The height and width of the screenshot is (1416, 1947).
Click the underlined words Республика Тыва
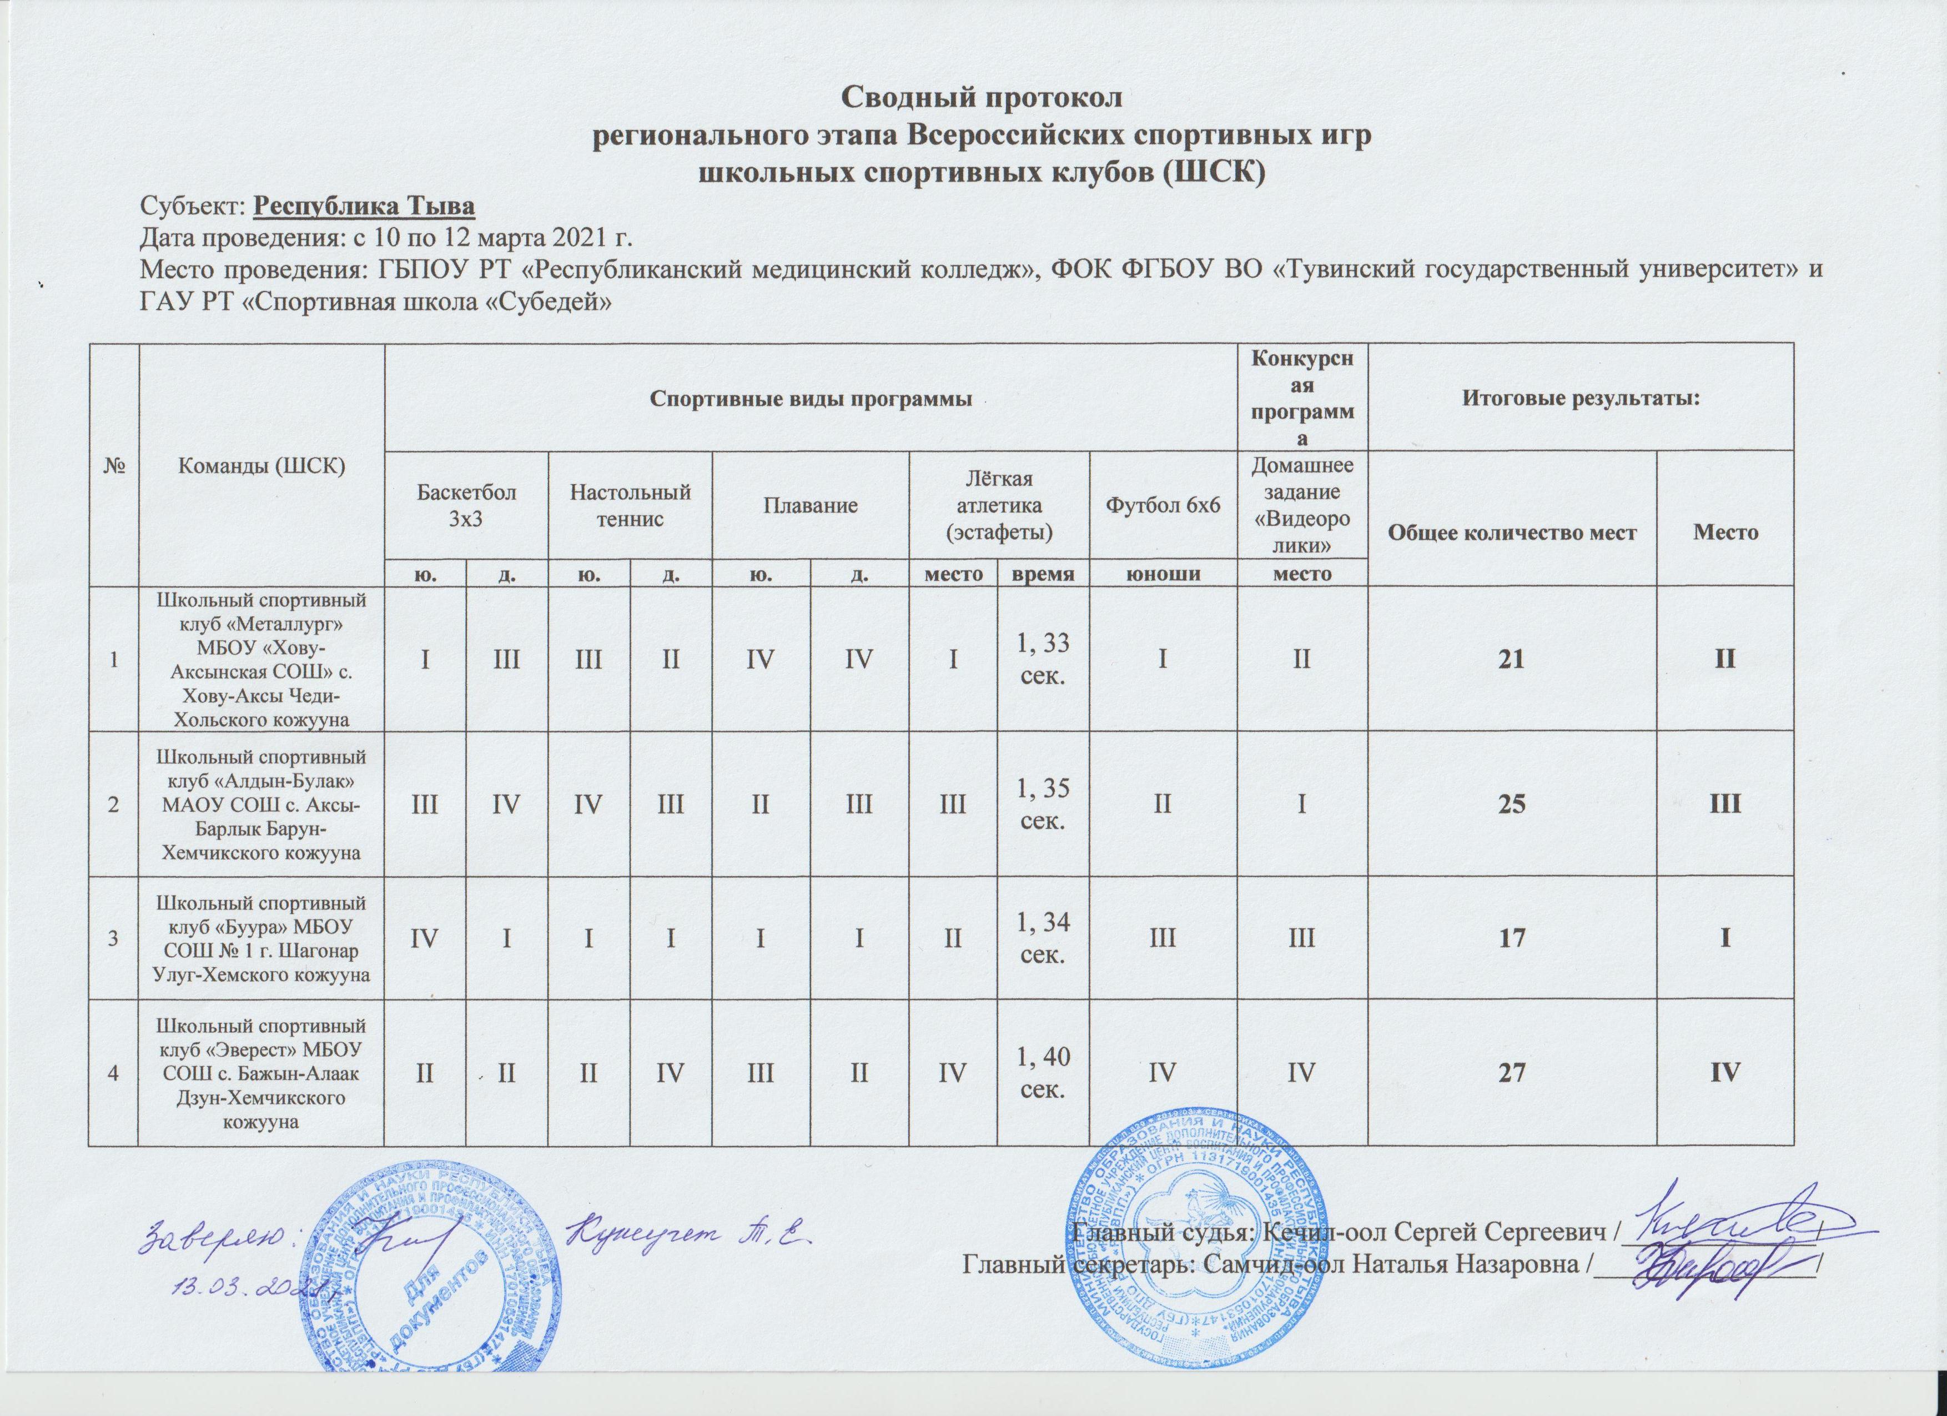pos(366,208)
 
